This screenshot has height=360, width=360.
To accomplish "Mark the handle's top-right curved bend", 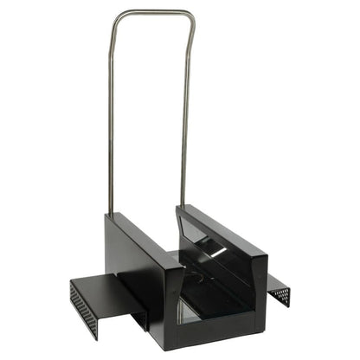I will point(188,16).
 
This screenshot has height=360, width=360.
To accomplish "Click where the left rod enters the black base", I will point(109,213).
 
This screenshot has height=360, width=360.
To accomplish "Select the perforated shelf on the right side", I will point(279,290).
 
